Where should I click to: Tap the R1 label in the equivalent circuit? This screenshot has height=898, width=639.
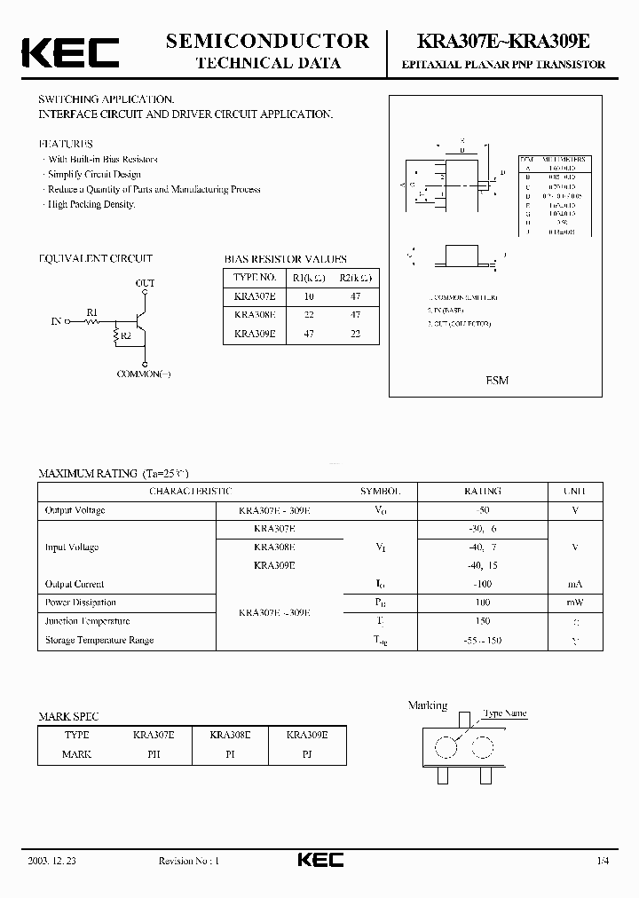(x=92, y=311)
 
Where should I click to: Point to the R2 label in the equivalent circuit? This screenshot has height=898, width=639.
(x=125, y=336)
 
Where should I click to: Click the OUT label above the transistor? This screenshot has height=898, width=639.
(x=145, y=283)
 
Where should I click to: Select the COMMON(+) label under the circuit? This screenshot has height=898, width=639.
(x=144, y=374)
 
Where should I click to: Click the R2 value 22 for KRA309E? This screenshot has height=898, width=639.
(x=355, y=335)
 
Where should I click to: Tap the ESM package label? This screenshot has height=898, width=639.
(x=497, y=380)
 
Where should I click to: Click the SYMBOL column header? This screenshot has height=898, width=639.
(x=380, y=491)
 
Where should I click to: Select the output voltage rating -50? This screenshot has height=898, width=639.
(x=482, y=510)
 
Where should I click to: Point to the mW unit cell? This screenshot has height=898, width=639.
(x=575, y=603)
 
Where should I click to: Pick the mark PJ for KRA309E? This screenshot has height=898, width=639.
(x=306, y=754)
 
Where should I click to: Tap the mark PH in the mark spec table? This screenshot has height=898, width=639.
(x=154, y=754)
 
